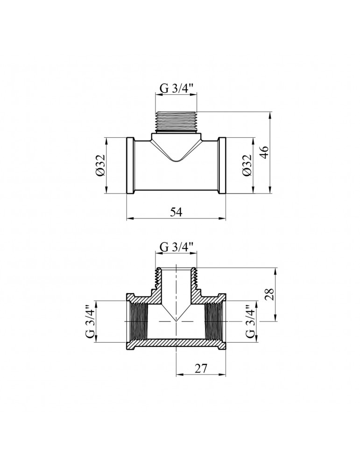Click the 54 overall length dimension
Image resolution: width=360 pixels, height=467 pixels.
176,212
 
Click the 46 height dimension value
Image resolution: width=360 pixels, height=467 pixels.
264,153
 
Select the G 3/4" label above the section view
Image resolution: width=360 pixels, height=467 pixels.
176,247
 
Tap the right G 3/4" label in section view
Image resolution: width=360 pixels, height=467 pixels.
250,322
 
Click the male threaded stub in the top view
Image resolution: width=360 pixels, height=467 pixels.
176,122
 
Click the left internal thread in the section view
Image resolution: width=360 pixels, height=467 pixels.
137,322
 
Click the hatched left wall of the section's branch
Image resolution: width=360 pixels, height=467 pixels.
155,285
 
